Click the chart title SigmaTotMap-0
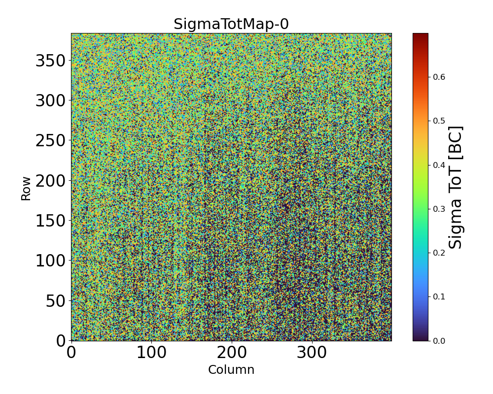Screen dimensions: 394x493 coord(231,24)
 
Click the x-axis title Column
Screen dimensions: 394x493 coord(231,370)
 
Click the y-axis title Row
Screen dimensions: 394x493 coord(26,189)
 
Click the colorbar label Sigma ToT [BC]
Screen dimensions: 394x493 coord(456,188)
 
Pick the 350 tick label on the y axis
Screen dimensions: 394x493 coord(51,61)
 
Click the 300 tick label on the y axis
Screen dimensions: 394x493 coord(51,101)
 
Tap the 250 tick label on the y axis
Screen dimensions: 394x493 coord(51,141)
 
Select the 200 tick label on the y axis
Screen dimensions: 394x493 coord(51,181)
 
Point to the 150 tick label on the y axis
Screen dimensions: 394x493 coord(51,221)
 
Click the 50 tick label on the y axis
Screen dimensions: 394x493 coord(57,301)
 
